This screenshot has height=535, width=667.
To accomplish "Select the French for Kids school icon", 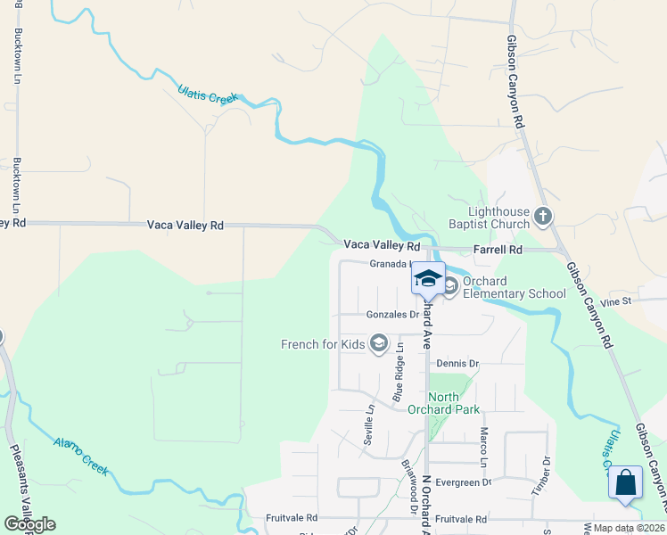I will pyautogui.click(x=379, y=344).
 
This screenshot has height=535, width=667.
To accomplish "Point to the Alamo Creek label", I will pyautogui.click(x=80, y=457).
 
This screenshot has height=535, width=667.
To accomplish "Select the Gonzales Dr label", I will pyautogui.click(x=392, y=315).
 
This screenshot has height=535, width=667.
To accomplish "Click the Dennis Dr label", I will pyautogui.click(x=458, y=364).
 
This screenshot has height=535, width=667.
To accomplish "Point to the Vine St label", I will pyautogui.click(x=615, y=301).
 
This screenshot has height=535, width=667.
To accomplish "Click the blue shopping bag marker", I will pyautogui.click(x=625, y=483).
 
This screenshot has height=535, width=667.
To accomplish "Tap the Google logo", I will pyautogui.click(x=29, y=524).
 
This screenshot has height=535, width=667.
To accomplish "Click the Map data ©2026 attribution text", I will pyautogui.click(x=628, y=528).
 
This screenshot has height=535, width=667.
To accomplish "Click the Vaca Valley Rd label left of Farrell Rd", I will pyautogui.click(x=382, y=245).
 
